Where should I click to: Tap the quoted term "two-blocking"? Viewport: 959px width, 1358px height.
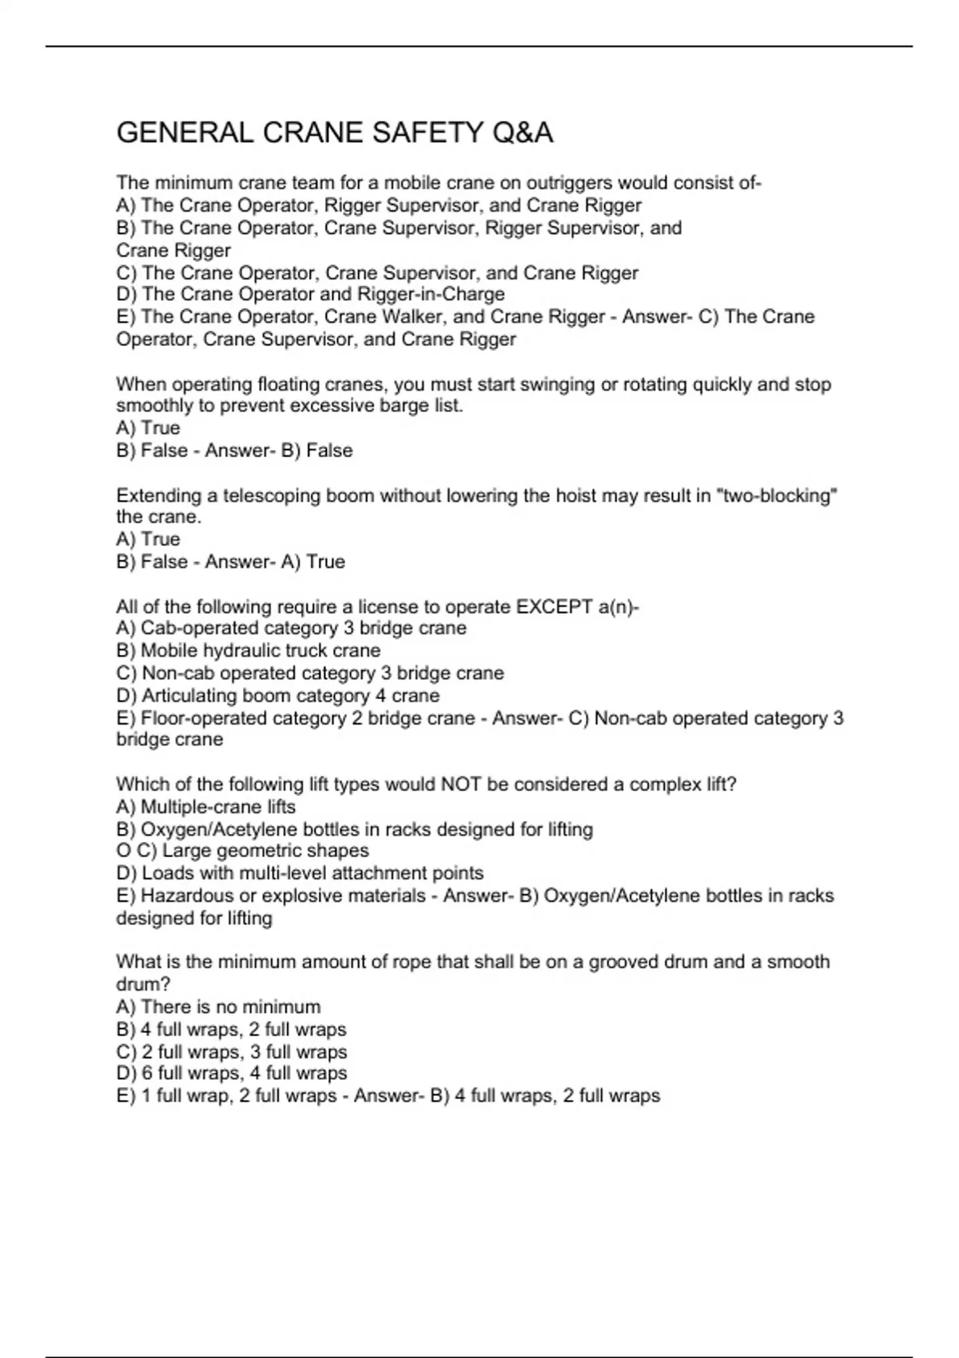[x=778, y=495]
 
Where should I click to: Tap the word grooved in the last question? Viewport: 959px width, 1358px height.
[x=623, y=962]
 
